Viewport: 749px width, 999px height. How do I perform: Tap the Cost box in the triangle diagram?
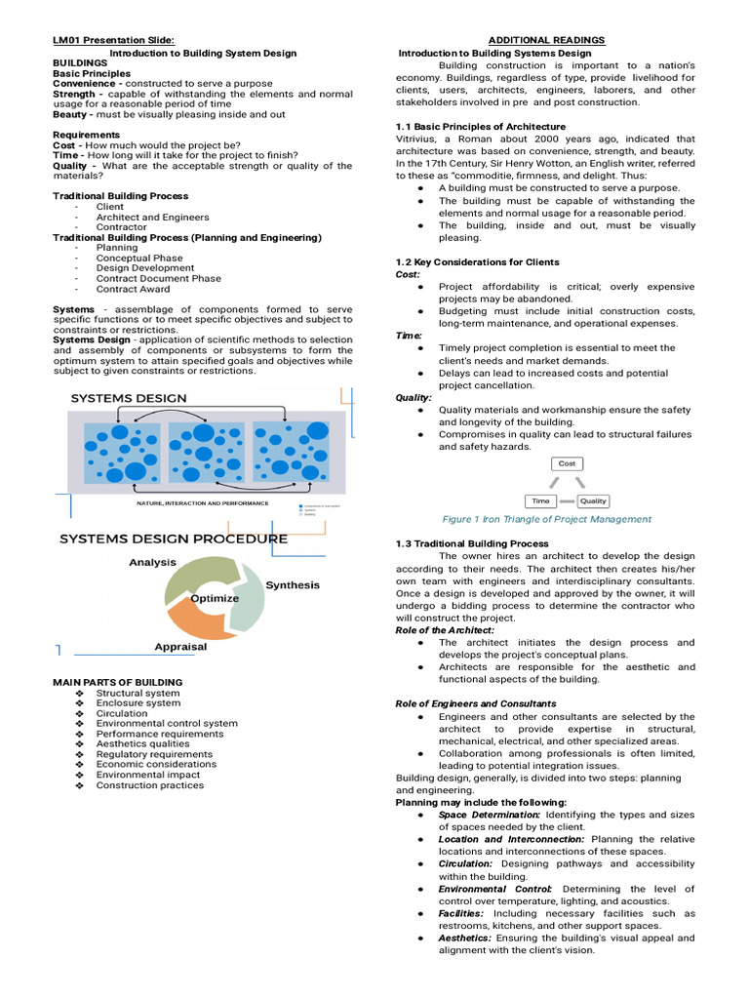point(567,464)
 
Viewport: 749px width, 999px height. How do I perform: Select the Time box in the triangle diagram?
point(539,500)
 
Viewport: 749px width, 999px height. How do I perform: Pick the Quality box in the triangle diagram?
point(593,500)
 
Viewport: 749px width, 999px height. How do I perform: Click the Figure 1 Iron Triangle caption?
point(546,519)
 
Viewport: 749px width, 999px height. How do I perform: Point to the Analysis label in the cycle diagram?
point(152,562)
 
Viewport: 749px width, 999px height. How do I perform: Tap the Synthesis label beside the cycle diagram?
point(293,584)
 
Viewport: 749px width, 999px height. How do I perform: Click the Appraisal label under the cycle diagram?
point(180,646)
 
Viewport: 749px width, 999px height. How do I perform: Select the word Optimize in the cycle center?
point(215,598)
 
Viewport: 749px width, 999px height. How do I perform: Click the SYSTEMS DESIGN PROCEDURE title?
point(174,539)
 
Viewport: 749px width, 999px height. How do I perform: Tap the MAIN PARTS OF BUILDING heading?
point(117,682)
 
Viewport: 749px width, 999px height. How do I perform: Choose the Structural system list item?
point(138,693)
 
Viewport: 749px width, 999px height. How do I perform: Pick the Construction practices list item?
point(149,785)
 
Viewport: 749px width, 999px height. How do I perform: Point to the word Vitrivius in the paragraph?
point(418,140)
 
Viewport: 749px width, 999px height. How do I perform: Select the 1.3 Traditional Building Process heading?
point(472,543)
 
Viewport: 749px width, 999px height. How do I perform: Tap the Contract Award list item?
point(133,289)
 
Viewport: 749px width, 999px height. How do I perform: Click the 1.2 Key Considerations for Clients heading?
point(477,262)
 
